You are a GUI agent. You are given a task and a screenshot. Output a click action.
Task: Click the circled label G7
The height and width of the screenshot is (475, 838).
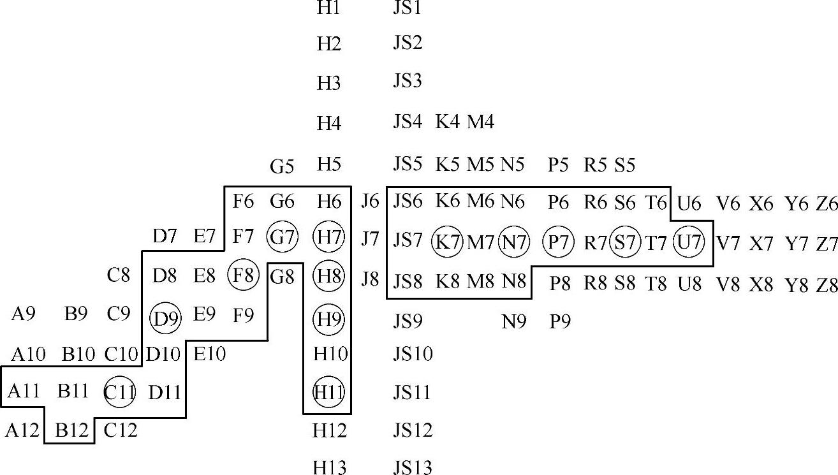(283, 238)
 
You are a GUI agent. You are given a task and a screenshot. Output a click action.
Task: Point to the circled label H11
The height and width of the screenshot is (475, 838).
(329, 391)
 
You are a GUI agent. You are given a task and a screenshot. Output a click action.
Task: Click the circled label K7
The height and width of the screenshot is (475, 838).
(447, 242)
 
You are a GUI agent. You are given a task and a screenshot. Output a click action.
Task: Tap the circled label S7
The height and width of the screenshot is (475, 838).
(625, 242)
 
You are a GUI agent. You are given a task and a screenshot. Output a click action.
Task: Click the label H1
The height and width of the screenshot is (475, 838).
(328, 8)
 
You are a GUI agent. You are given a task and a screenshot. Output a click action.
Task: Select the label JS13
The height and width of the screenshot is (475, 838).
(413, 467)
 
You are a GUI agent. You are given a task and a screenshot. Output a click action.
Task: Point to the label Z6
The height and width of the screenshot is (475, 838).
(827, 204)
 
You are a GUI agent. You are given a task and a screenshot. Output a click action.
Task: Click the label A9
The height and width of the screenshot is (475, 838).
(24, 314)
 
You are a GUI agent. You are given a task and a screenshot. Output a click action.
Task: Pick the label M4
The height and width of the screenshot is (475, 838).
(481, 121)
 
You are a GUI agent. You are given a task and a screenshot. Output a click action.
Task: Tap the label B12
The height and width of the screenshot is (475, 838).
(70, 430)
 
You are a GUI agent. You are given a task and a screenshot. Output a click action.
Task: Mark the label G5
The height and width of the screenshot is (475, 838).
(282, 167)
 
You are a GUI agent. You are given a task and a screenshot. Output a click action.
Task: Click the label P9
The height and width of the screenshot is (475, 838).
(560, 322)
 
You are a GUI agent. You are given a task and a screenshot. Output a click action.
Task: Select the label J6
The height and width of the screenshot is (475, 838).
(370, 202)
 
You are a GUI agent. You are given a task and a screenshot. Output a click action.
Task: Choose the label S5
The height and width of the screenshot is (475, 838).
(625, 165)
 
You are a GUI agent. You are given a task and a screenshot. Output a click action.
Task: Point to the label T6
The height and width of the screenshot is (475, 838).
(656, 203)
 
